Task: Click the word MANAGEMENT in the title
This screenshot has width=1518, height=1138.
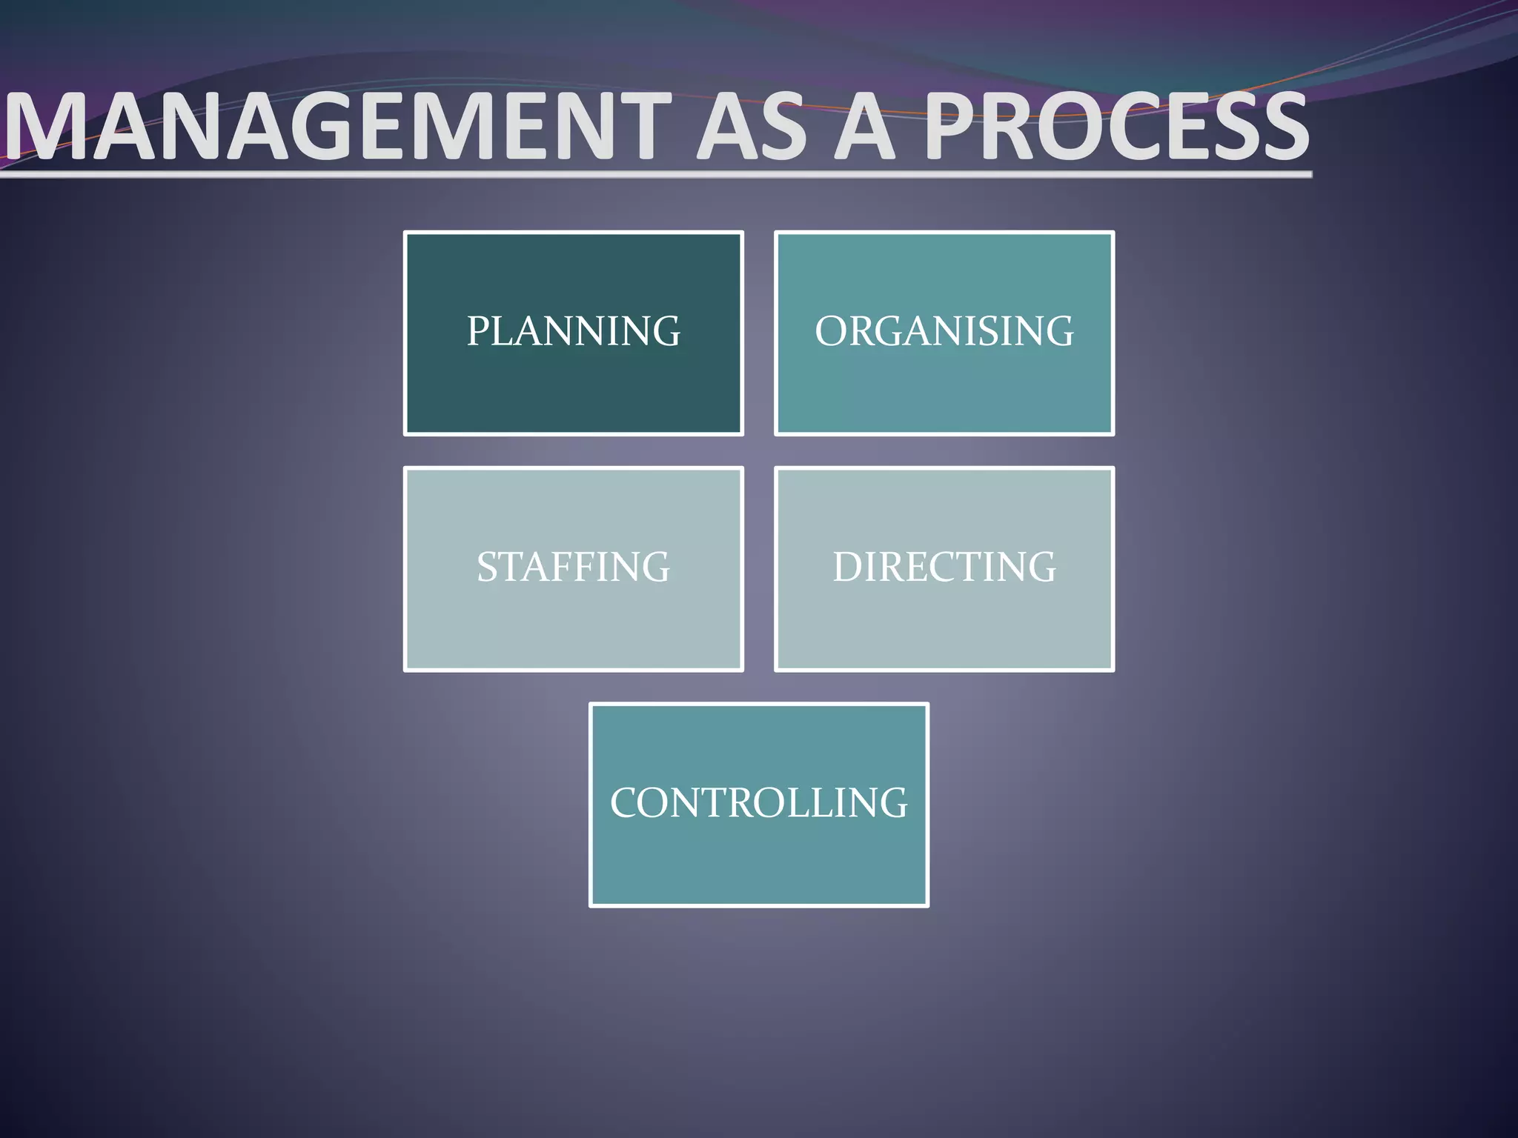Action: click(337, 126)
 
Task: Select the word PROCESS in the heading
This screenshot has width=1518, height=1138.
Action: click(1116, 126)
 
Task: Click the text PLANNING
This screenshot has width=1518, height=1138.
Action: click(573, 330)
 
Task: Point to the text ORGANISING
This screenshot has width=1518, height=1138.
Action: click(944, 330)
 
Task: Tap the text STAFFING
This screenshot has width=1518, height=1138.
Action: click(573, 567)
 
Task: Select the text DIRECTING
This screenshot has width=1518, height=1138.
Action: click(944, 567)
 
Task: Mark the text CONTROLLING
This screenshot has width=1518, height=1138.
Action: click(758, 802)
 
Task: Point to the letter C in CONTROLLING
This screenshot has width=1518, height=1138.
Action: click(626, 802)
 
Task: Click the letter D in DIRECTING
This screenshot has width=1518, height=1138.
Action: click(848, 567)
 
